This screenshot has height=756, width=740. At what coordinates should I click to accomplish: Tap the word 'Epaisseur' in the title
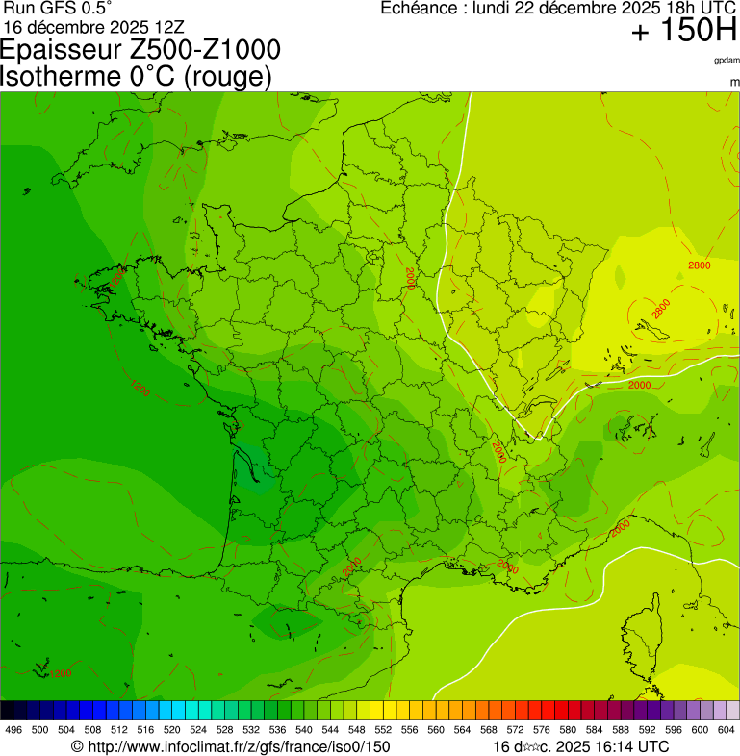62,51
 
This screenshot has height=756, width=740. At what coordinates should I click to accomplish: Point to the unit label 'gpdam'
727,60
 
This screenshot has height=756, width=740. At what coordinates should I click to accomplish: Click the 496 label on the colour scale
13,730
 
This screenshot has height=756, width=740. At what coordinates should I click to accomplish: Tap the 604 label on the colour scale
727,730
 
